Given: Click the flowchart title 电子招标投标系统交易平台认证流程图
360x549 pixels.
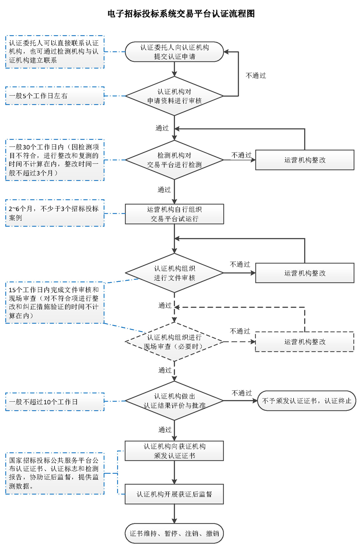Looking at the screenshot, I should pyautogui.click(x=181, y=14).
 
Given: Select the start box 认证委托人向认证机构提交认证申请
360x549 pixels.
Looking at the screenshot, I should pyautogui.click(x=174, y=52).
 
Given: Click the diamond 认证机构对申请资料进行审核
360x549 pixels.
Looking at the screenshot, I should pyautogui.click(x=174, y=96).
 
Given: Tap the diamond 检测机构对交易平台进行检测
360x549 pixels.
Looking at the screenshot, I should pyautogui.click(x=174, y=160).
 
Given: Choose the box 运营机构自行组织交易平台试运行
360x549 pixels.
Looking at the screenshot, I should pyautogui.click(x=174, y=214).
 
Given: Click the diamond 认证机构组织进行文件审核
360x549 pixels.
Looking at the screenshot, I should pyautogui.click(x=174, y=273).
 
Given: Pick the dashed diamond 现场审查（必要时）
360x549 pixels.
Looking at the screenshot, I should pyautogui.click(x=174, y=342).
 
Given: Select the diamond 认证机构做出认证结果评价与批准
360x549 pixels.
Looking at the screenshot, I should pyautogui.click(x=174, y=401).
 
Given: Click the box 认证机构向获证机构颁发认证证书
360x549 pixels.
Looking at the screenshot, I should pyautogui.click(x=174, y=451).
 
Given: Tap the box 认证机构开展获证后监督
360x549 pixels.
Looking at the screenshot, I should pyautogui.click(x=174, y=494).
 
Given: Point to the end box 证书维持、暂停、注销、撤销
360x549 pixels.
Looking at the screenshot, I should pyautogui.click(x=174, y=534).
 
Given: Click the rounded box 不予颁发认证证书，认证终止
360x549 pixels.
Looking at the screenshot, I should pyautogui.click(x=307, y=401).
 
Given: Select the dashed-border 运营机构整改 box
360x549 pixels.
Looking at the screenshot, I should pyautogui.click(x=304, y=342).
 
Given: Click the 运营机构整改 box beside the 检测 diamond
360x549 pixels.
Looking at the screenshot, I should pyautogui.click(x=304, y=160).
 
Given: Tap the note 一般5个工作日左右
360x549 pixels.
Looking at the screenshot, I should pyautogui.click(x=55, y=96).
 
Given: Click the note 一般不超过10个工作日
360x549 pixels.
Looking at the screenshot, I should pyautogui.click(x=55, y=402).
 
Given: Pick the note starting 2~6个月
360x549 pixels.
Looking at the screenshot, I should pyautogui.click(x=55, y=213).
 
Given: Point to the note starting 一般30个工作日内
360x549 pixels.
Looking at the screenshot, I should pyautogui.click(x=55, y=160).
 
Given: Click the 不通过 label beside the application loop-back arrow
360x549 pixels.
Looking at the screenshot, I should pyautogui.click(x=256, y=76).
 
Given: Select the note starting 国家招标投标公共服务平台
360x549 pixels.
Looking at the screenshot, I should pyautogui.click(x=55, y=473).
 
